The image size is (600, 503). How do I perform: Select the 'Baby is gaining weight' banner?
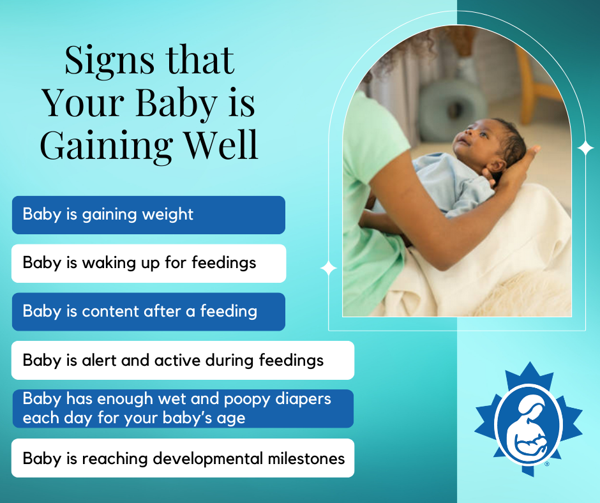148,214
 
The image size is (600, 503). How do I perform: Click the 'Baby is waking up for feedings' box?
148,263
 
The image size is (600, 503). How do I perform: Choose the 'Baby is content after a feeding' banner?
148,312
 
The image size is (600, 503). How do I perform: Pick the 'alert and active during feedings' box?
182,360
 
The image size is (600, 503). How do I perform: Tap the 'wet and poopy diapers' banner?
182,409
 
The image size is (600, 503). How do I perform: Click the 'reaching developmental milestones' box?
182,458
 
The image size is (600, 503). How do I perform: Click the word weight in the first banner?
169,214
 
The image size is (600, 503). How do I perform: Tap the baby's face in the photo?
476,140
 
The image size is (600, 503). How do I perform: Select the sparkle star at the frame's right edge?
585,148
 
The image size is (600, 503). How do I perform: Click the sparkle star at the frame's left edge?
329,268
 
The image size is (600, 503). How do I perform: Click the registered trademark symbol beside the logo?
547,464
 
